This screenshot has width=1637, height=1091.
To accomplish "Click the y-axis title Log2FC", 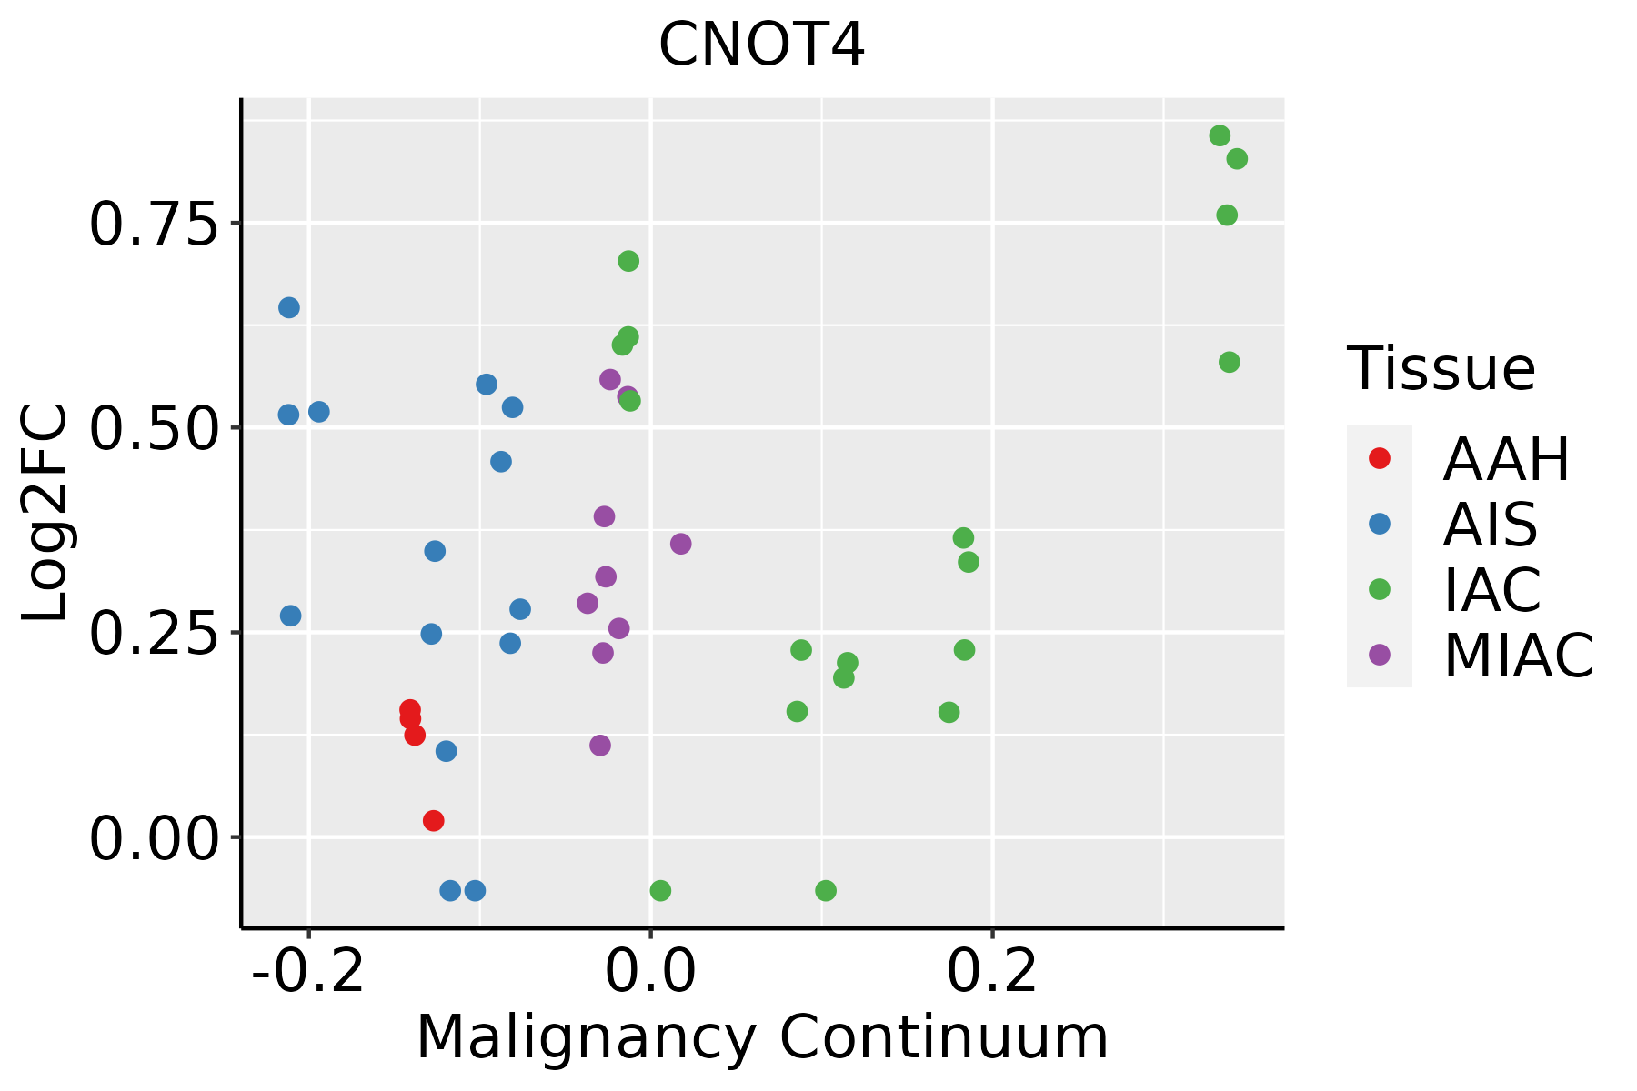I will [x=45, y=514].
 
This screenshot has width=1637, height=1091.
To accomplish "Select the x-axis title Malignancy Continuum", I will [x=761, y=1037].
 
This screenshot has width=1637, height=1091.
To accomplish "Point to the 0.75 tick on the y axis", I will [x=155, y=224].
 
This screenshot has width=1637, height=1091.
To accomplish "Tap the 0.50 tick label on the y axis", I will [x=155, y=428].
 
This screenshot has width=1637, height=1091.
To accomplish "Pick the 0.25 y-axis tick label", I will [x=155, y=633].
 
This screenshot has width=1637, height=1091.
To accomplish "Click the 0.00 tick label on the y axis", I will [x=155, y=837].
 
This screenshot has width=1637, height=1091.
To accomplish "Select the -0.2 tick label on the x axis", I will [x=309, y=971].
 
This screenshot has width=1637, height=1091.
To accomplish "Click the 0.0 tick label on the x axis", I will [x=651, y=971].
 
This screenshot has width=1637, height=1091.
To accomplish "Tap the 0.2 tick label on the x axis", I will [x=992, y=971].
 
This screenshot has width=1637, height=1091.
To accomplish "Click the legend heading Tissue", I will [x=1441, y=369].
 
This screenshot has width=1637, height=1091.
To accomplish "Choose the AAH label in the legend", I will [x=1506, y=459].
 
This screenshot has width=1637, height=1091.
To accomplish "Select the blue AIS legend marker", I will [x=1380, y=524].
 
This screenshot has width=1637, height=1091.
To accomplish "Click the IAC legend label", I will [x=1491, y=589].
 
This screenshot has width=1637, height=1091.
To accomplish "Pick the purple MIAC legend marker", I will [x=1380, y=655].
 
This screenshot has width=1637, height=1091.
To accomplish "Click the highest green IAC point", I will [x=1220, y=136].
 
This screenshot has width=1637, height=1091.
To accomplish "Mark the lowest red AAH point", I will [x=434, y=821].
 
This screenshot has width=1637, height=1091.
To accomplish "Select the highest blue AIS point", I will [x=289, y=308].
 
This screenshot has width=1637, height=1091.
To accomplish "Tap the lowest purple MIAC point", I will [x=600, y=746].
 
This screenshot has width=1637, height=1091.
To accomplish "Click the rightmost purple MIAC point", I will [x=681, y=544].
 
